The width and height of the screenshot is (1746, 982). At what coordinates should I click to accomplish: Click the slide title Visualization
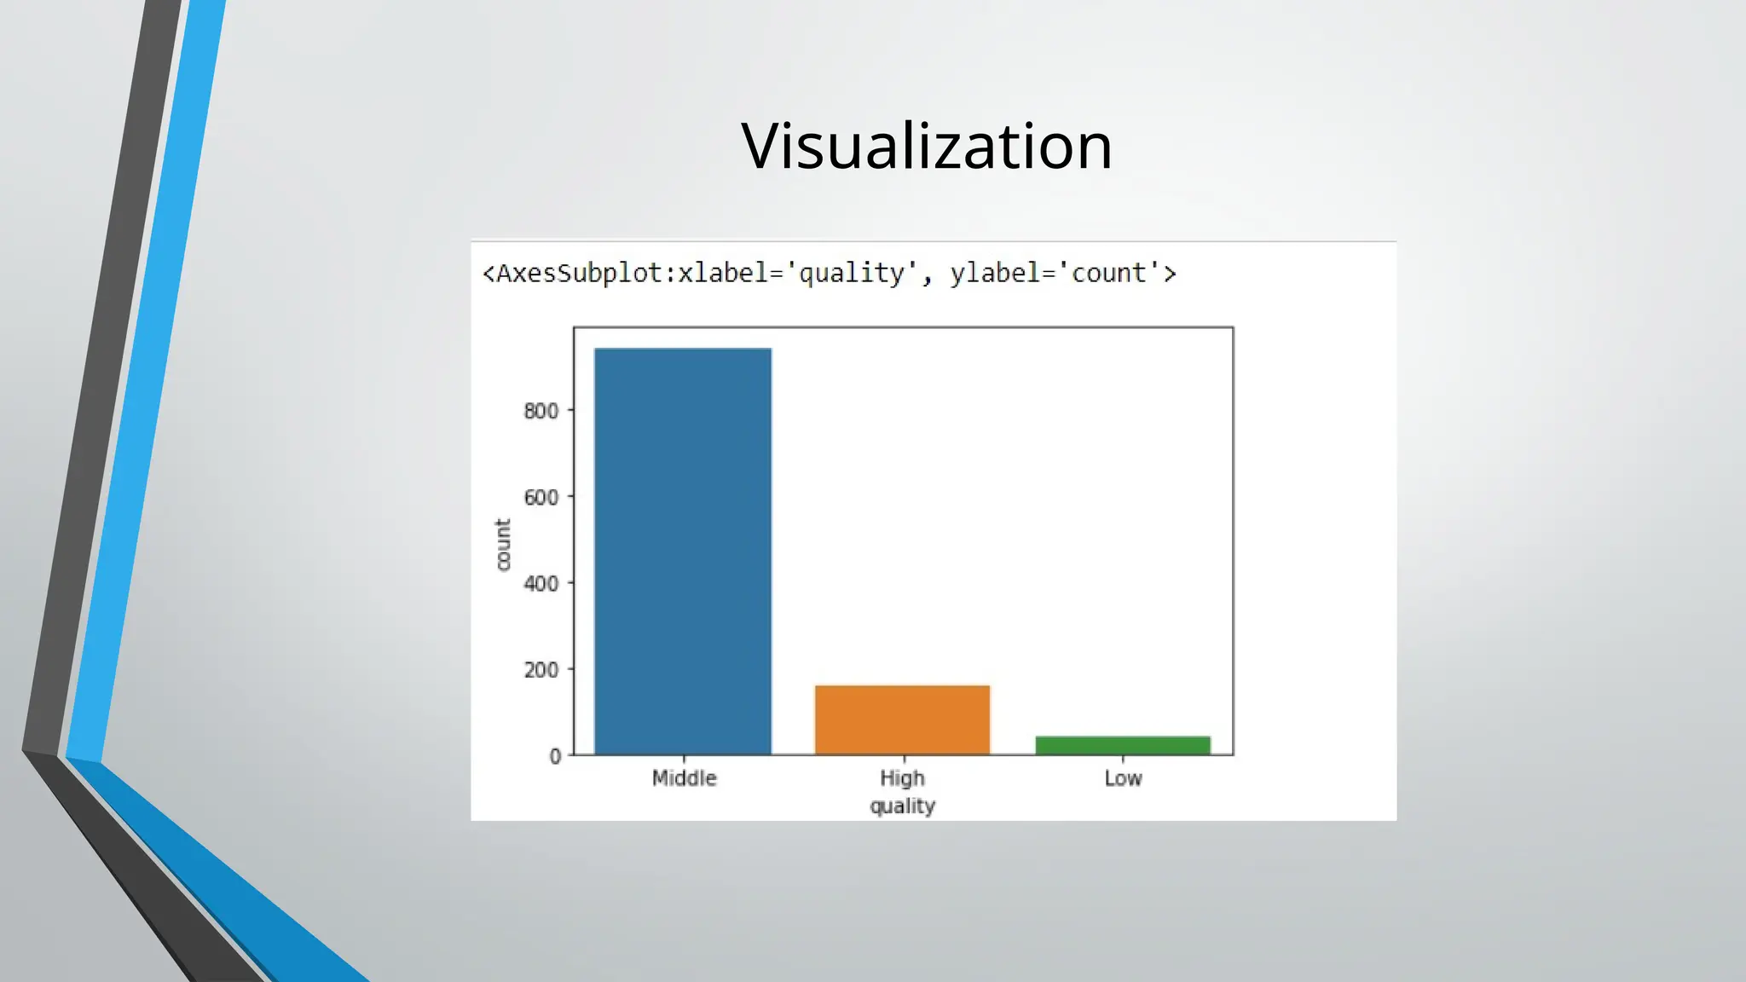point(927,146)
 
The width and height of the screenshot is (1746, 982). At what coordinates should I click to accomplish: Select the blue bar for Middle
point(683,552)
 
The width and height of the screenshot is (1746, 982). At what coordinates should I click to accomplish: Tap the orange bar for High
point(902,719)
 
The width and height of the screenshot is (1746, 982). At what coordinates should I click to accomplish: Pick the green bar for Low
point(1123,745)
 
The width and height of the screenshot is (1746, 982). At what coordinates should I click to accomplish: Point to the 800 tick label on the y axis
point(541,411)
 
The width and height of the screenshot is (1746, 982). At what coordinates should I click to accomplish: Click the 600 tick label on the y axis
point(541,497)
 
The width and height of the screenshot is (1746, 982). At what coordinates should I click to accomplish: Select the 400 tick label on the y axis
point(541,584)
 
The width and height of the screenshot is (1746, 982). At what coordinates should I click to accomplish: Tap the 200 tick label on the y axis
point(541,670)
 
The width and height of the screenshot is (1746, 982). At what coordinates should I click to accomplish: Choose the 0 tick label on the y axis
point(555,756)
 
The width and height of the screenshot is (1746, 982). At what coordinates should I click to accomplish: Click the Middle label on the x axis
point(684,778)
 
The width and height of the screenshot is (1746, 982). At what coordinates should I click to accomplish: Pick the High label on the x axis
point(902,778)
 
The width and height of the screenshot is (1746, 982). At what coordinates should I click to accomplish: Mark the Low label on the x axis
point(1123,778)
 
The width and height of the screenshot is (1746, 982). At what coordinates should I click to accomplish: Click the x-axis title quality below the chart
point(902,806)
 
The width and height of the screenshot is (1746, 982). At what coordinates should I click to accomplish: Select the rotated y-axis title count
point(503,545)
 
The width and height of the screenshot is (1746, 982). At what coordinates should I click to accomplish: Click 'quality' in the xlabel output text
point(851,274)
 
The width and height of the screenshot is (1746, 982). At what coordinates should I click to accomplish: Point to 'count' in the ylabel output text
point(1109,274)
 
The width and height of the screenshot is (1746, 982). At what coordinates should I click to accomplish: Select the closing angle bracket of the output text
point(1170,274)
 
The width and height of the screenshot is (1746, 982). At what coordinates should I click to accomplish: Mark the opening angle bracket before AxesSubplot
point(489,274)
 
